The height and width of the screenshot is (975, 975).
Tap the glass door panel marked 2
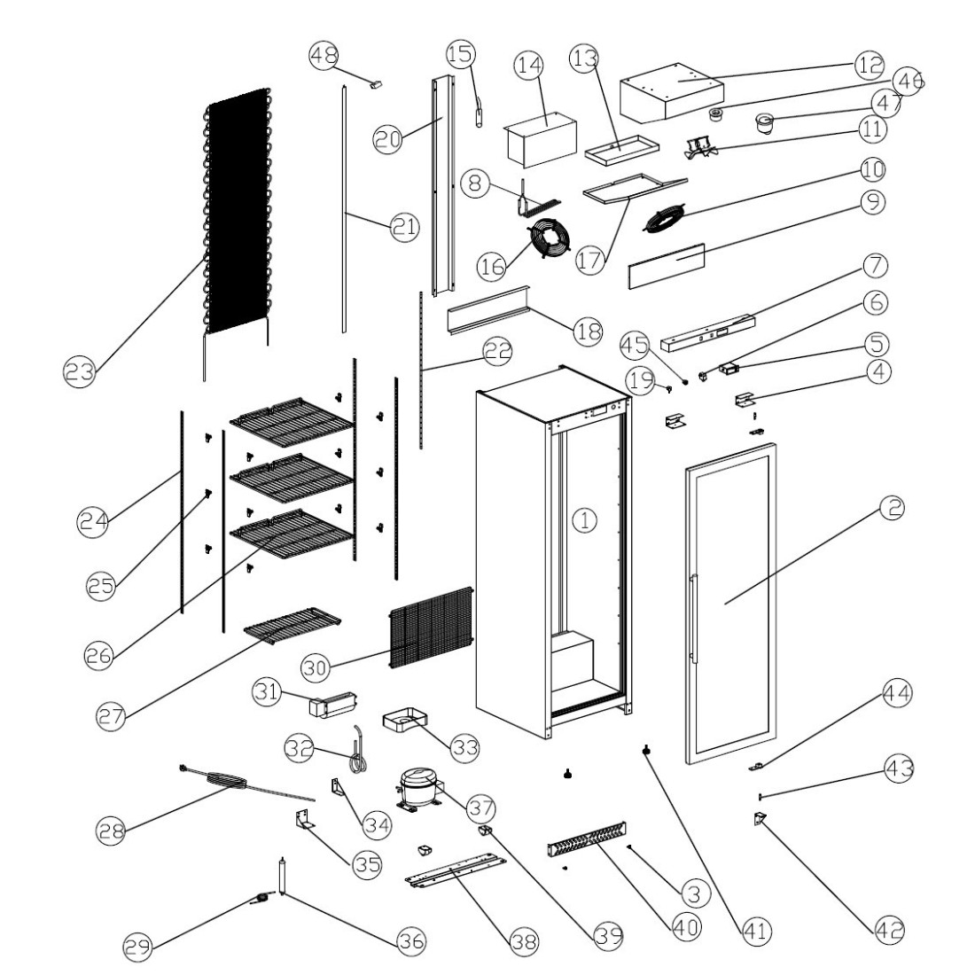pos(730,603)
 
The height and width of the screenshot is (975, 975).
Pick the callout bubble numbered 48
pos(323,56)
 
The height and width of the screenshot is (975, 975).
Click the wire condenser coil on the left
pos(236,213)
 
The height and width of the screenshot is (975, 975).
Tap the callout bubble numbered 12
pos(868,63)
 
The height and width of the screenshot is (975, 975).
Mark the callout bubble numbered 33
pos(462,747)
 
